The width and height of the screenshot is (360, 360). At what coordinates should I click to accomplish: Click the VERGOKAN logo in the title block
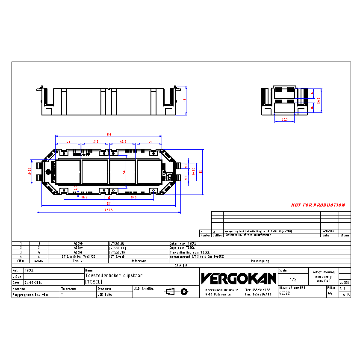[x=239, y=279]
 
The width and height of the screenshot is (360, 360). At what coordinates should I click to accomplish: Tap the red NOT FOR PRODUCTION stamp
[x=318, y=205]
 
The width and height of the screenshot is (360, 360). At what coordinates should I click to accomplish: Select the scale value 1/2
[x=293, y=279]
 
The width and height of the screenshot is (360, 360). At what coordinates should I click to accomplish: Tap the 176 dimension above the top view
[x=109, y=134]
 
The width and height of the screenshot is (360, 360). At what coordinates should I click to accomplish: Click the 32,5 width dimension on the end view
[x=285, y=119]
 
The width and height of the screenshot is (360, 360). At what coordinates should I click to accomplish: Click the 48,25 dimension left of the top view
[x=30, y=168]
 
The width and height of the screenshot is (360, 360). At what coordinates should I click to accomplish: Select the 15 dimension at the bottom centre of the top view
[x=109, y=198]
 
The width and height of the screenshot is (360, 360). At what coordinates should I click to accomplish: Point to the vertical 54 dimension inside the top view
[x=124, y=171]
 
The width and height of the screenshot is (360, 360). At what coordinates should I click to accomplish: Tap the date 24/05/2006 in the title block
[x=33, y=283]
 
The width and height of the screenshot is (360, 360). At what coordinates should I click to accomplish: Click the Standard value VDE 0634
[x=104, y=295]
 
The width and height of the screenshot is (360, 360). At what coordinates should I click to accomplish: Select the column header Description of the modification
[x=248, y=235]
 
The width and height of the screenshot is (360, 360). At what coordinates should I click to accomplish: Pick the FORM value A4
[x=330, y=294]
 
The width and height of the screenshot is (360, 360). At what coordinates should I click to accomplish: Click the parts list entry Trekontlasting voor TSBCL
[x=189, y=252]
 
